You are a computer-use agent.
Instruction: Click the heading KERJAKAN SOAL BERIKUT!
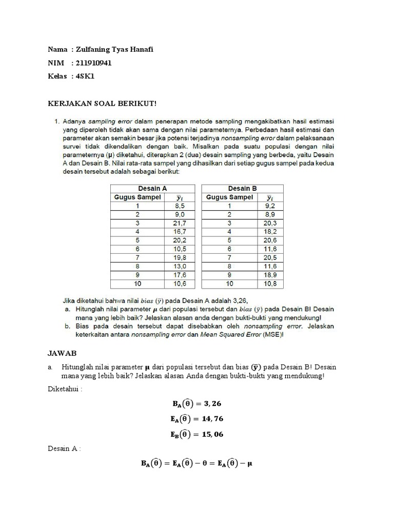click(101, 104)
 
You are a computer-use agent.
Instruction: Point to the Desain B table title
click(242, 188)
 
